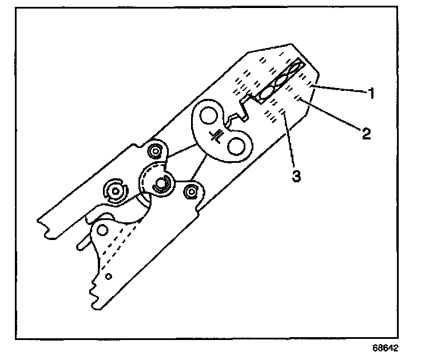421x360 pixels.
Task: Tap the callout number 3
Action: (296, 176)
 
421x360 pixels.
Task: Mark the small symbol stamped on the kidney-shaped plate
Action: (217, 134)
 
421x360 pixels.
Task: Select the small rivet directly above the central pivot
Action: (154, 151)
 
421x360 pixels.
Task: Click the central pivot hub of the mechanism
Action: (160, 183)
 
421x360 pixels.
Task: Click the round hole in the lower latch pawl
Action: (102, 230)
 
